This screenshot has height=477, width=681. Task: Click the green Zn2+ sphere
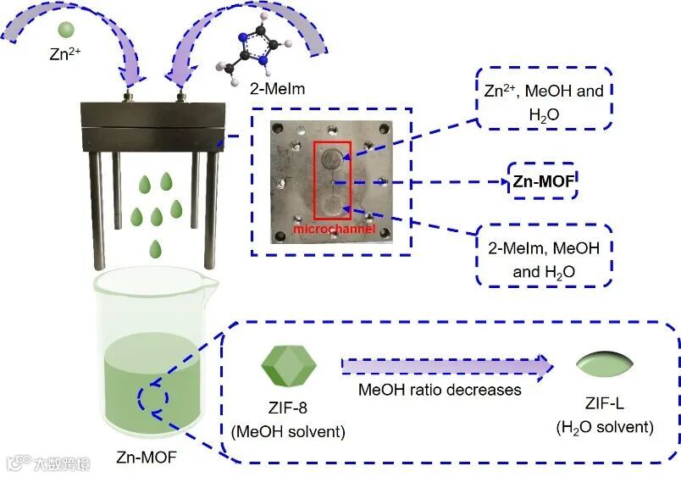[x=65, y=30]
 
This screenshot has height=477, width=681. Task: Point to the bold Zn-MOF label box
[x=542, y=180]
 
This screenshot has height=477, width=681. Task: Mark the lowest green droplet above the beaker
[x=156, y=248]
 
